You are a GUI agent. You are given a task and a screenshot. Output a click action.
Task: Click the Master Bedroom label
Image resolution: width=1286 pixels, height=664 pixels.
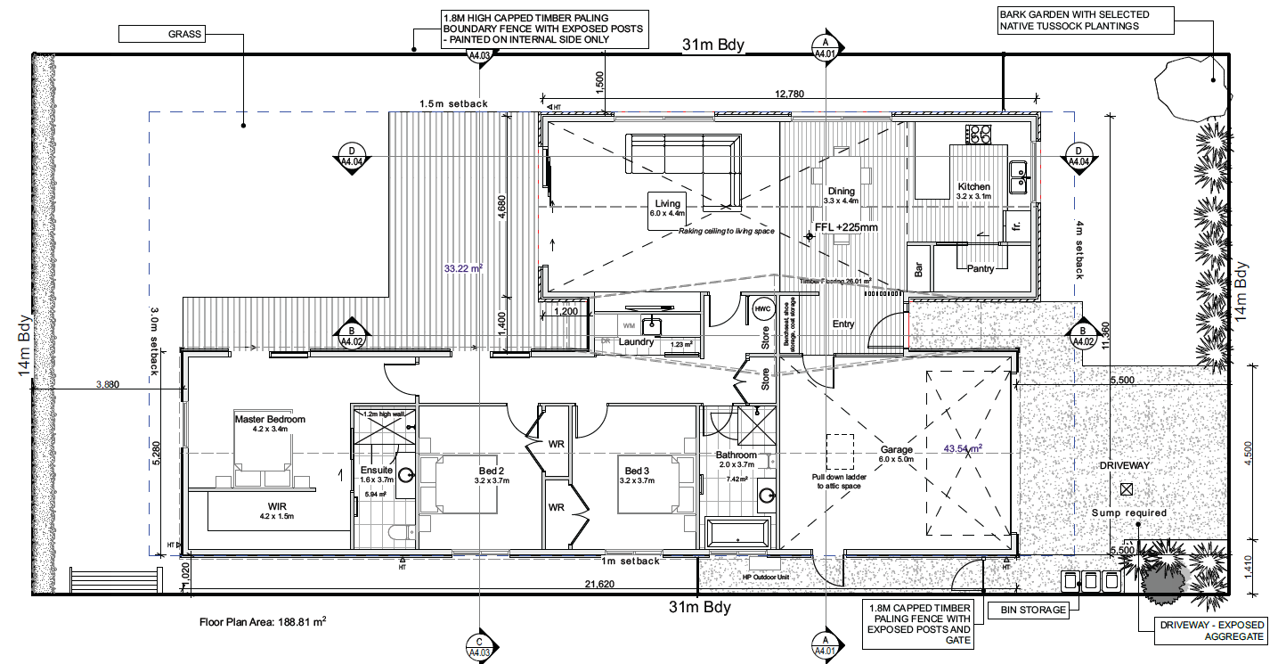pos(270,419)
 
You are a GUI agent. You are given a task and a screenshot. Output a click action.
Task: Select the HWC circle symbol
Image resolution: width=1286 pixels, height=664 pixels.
pos(762,309)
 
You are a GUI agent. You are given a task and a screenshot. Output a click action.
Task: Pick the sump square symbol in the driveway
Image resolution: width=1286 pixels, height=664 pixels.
pos(1127,488)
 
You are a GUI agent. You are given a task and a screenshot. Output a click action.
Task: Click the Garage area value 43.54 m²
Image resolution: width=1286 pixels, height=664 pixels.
pos(963,448)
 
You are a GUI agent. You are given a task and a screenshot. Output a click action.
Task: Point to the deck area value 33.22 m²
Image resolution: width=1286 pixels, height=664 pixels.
pos(463,266)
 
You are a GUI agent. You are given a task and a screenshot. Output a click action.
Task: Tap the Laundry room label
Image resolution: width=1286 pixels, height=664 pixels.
pos(637,342)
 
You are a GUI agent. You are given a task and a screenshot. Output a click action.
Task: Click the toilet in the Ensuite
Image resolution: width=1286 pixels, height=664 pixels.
pos(398,533)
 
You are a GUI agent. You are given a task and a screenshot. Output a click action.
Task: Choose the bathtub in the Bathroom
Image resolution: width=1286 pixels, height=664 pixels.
pos(737,533)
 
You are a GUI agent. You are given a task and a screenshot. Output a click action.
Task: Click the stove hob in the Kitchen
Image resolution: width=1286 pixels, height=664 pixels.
pos(980,135)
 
